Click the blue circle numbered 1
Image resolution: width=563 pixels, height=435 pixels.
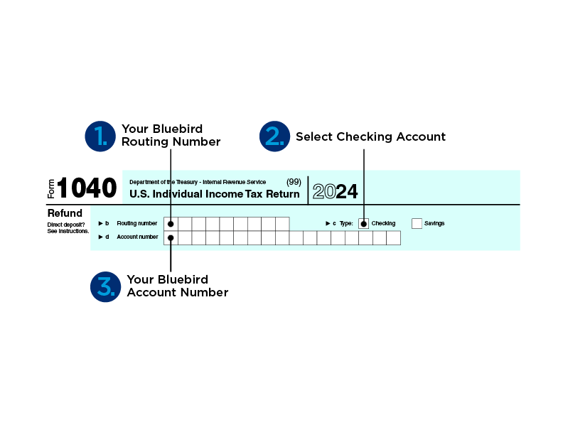100,136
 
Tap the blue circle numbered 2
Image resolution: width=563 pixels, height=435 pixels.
274,136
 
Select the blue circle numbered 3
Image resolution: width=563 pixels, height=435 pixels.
105,286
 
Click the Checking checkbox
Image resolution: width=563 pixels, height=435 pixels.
364,224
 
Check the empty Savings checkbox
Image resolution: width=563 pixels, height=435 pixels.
417,224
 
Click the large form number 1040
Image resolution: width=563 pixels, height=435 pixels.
87,188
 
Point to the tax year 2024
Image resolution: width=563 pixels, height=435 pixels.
335,191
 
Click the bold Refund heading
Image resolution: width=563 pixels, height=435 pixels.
65,213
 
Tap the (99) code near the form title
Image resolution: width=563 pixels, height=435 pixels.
294,182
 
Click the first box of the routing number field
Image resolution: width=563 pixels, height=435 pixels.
171,224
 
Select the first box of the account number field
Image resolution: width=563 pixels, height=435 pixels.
171,238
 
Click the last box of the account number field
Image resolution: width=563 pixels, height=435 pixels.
394,238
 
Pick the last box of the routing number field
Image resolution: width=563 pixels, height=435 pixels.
283,224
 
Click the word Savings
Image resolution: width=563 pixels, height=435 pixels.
434,223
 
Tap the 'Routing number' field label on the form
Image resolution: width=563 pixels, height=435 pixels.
137,223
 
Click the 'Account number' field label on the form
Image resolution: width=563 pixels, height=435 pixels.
137,237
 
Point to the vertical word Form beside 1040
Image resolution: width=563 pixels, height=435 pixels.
51,189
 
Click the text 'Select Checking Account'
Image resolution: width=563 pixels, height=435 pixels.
370,136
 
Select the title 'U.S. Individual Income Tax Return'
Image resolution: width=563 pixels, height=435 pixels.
215,194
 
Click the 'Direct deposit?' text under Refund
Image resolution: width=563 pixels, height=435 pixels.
66,225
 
